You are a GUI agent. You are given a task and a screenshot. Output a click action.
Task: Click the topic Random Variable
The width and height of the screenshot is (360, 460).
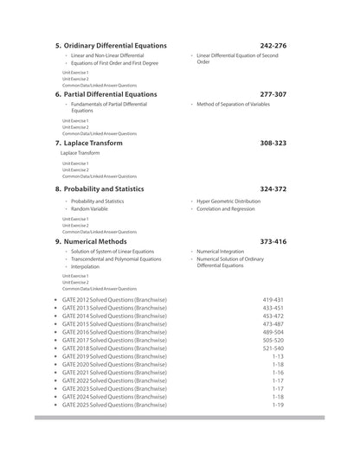coord(90,209)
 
